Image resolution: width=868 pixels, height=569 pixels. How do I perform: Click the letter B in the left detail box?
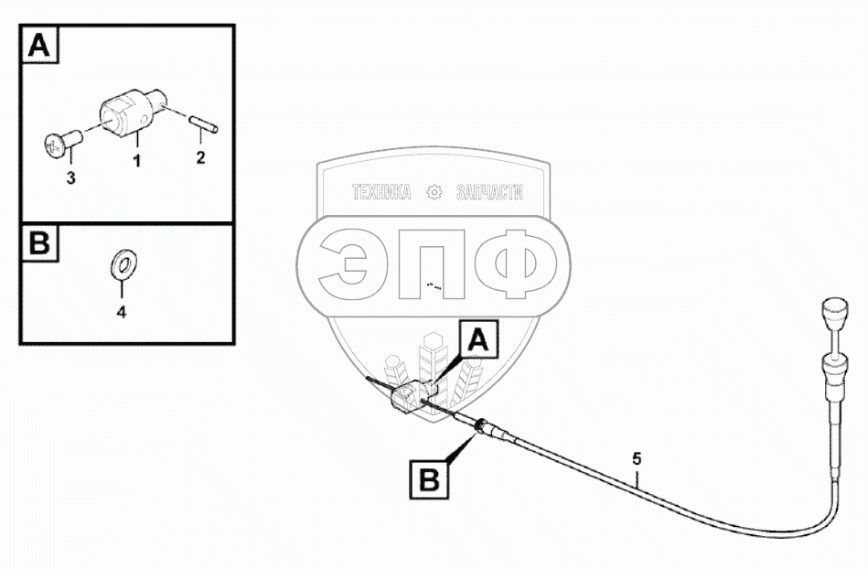point(38,244)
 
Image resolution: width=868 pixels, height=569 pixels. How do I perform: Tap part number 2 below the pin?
point(201,157)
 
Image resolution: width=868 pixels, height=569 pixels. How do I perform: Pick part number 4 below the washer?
point(121,311)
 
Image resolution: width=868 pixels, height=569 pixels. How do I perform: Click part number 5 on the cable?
point(638,456)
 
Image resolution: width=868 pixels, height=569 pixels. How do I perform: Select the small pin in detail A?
point(199,122)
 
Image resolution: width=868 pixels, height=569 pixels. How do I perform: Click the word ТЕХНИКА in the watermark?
point(380,192)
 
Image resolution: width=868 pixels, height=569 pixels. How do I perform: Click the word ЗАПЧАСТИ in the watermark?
point(489,192)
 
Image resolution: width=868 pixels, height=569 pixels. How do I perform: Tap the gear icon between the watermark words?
point(434,192)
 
